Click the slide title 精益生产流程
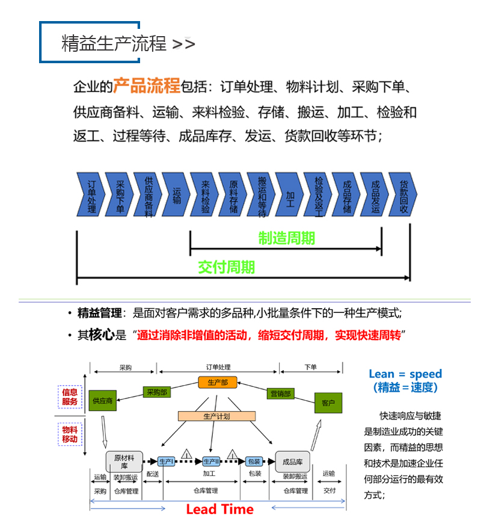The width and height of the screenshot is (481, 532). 114,44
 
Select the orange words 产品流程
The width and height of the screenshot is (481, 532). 147,85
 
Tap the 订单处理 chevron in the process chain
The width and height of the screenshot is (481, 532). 91,194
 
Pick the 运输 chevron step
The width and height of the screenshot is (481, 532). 176,194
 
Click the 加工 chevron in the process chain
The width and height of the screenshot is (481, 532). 290,194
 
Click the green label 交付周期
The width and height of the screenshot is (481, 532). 227,267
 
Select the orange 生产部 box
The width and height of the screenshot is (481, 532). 218,382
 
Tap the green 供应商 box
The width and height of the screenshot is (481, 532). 102,400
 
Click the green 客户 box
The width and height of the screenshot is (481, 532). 328,403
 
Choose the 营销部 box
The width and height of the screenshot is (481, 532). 281,394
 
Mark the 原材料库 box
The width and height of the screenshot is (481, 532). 124,462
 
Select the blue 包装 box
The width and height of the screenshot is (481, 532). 254,462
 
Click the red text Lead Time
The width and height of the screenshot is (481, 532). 219,509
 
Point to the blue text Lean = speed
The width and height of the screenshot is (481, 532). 405,374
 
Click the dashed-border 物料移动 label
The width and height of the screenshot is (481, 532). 70,434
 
